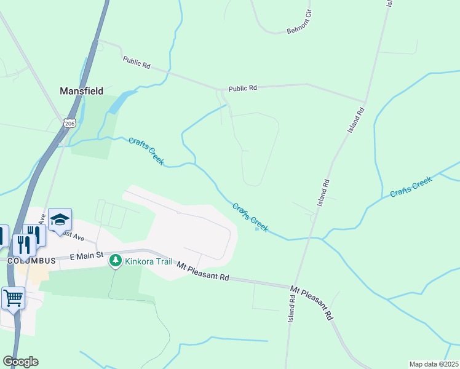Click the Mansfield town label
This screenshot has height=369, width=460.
[81, 90]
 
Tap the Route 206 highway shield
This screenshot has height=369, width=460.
[68, 123]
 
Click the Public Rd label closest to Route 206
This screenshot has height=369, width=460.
[137, 62]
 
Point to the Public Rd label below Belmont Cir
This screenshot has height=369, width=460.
[242, 89]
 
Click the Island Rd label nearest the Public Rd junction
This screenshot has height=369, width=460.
[356, 119]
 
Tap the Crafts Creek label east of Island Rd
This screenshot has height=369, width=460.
[411, 186]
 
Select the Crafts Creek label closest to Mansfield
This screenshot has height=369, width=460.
[146, 151]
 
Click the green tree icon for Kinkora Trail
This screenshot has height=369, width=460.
[115, 261]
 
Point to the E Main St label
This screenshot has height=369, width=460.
[86, 256]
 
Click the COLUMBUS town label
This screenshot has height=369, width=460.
[32, 261]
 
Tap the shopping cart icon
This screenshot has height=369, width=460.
[14, 298]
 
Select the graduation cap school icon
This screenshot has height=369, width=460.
[60, 220]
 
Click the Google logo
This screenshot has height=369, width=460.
[20, 362]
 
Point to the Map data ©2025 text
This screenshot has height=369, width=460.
[434, 364]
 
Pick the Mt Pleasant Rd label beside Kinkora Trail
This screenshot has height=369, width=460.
[203, 271]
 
